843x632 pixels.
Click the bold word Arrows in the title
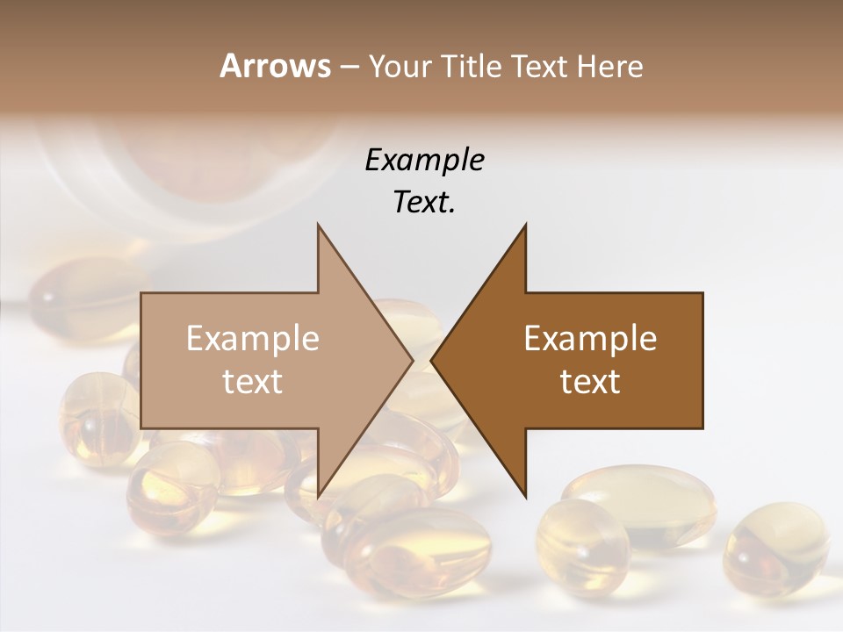click(274, 66)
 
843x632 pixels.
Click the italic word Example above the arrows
click(424, 160)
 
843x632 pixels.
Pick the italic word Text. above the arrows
click(424, 203)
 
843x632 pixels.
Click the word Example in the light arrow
click(253, 338)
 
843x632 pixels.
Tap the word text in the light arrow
click(253, 381)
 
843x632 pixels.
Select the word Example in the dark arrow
click(590, 338)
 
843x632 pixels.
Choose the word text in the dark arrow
click(590, 381)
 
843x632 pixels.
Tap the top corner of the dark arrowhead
click(525, 226)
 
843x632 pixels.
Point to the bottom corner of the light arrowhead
click(319, 495)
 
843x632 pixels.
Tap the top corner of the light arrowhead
click(319, 226)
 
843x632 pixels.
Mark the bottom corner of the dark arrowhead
click(525, 495)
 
